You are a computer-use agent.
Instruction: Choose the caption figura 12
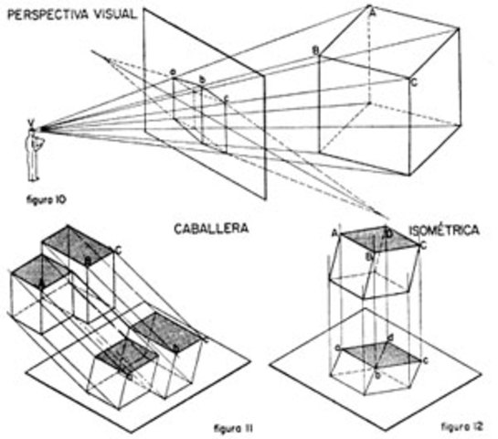coord(459,426)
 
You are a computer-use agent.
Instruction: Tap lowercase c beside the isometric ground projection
coord(337,348)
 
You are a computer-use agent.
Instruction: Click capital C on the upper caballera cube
coord(118,248)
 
